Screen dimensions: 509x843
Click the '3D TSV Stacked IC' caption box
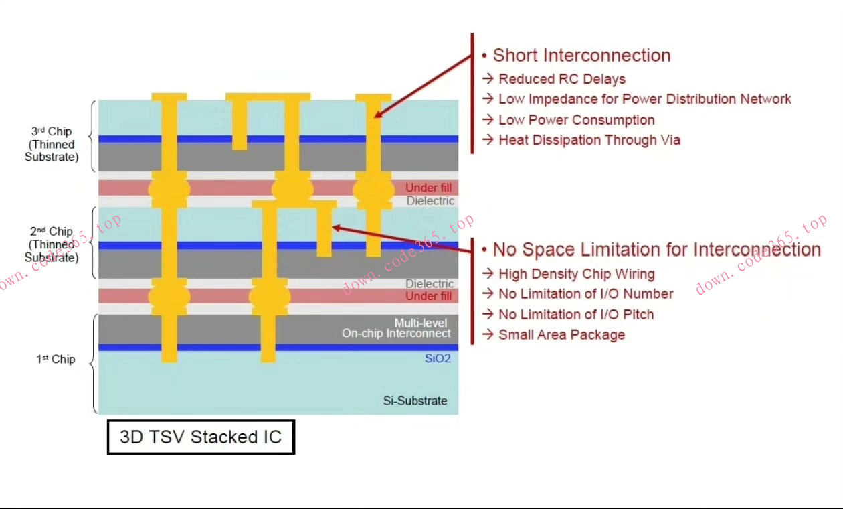(x=201, y=437)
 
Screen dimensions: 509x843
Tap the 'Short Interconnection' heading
(x=581, y=56)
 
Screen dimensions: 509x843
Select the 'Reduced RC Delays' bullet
(x=561, y=79)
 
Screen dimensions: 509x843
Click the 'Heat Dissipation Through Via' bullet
(x=589, y=140)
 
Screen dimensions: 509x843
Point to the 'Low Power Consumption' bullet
(x=576, y=120)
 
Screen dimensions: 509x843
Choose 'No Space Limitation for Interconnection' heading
(x=656, y=250)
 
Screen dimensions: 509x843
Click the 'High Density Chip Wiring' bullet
(x=576, y=274)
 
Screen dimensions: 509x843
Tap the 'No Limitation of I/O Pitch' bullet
(x=575, y=315)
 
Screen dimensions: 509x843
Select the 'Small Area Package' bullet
(x=561, y=335)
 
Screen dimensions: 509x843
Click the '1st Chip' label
(x=56, y=360)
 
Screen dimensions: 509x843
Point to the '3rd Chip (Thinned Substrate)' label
(x=52, y=144)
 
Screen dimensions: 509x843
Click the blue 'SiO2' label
(x=438, y=359)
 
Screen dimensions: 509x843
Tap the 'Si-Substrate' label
(x=415, y=401)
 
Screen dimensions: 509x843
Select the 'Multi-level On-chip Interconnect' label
(x=397, y=328)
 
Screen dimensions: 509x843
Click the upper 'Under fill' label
(x=428, y=188)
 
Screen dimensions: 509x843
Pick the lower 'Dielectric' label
(x=430, y=284)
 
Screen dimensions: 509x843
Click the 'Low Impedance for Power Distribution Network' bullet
(x=644, y=99)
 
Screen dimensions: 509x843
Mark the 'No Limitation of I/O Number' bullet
(x=585, y=294)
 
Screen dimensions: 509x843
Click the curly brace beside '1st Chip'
(x=93, y=364)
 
